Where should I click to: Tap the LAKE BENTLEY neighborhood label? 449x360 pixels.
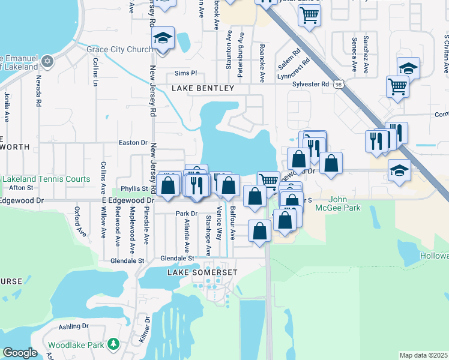click(203, 88)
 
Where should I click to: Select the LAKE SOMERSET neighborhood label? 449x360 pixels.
click(202, 272)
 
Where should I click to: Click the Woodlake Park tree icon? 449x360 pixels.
click(113, 344)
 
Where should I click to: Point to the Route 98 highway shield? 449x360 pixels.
click(340, 85)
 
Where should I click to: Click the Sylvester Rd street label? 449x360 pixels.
click(310, 85)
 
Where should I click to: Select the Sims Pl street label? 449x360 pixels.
click(185, 73)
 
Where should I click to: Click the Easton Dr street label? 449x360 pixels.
click(133, 143)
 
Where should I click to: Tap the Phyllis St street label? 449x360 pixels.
click(134, 188)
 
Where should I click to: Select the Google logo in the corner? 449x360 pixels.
click(20, 352)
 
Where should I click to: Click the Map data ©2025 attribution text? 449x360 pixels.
click(423, 355)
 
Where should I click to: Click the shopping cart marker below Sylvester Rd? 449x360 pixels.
click(397, 86)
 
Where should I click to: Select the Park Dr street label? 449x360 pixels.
click(187, 214)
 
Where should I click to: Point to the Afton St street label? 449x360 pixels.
click(21, 188)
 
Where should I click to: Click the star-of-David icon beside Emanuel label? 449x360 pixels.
click(48, 61)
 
